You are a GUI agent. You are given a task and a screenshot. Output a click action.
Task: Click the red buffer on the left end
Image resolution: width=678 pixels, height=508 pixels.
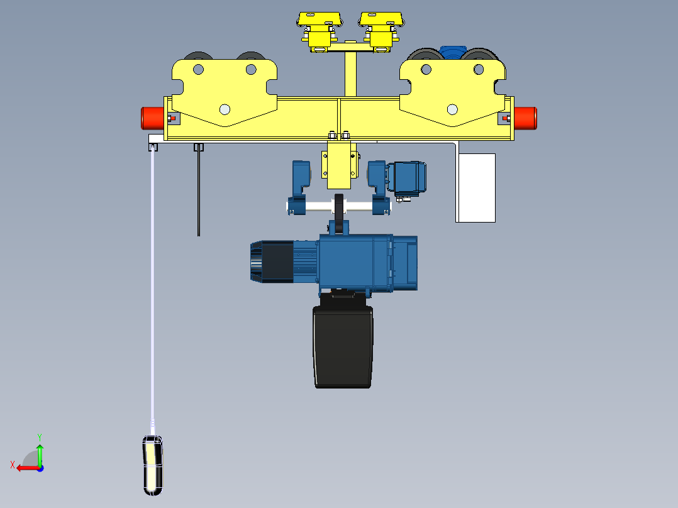point(152,117)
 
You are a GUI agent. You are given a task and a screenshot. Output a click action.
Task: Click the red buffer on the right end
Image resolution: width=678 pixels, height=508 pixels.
point(526,118)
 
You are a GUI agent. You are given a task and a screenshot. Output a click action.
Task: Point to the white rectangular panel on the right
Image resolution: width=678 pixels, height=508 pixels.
point(476,187)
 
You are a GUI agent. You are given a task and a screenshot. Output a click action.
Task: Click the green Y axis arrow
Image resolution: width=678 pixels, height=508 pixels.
point(40,451)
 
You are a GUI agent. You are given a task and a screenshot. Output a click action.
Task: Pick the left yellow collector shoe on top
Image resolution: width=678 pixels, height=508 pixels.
point(320,19)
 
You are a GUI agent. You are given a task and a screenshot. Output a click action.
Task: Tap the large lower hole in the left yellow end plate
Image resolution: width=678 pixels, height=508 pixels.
point(224,109)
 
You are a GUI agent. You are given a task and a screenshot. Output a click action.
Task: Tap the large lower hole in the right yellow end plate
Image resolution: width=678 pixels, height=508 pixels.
point(452,109)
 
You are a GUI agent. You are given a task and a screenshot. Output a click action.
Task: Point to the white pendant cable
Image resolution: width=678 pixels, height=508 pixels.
point(152,283)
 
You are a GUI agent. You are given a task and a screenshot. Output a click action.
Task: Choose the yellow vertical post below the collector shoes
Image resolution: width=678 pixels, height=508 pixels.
point(351,74)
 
